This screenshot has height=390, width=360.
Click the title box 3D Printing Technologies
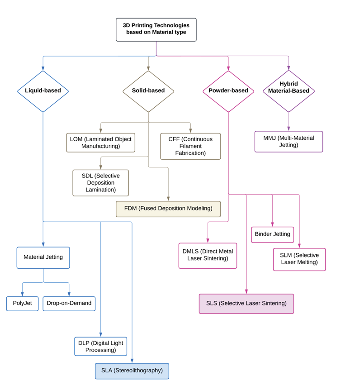[x=156, y=29]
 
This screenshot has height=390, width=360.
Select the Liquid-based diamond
[x=43, y=91]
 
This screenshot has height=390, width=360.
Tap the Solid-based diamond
[x=148, y=91]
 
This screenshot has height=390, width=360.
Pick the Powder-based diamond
[x=228, y=91]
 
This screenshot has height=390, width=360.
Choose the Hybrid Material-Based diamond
[x=289, y=91]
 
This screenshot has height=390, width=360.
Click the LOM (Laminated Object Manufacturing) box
[x=100, y=143]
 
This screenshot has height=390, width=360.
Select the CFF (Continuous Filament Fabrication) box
[x=190, y=146]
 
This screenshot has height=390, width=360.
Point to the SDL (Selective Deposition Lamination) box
[x=100, y=183]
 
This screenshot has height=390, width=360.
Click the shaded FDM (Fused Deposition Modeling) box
[x=168, y=209]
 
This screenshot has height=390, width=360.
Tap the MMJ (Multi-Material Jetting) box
[x=289, y=142]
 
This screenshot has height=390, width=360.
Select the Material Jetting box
[x=43, y=257]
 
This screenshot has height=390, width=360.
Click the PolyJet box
[x=22, y=304]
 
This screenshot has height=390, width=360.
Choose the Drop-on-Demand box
[x=69, y=304]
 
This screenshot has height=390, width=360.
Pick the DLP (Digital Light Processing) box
[x=100, y=347]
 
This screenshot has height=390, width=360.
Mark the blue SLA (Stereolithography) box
[x=132, y=371]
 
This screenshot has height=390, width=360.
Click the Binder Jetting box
[x=272, y=234]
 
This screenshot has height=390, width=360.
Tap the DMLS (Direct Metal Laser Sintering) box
[x=208, y=256]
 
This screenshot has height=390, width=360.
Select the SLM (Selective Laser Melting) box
[x=299, y=259]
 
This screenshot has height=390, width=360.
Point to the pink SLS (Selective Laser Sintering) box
[x=246, y=304]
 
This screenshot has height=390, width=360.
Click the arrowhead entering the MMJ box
[x=289, y=128]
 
